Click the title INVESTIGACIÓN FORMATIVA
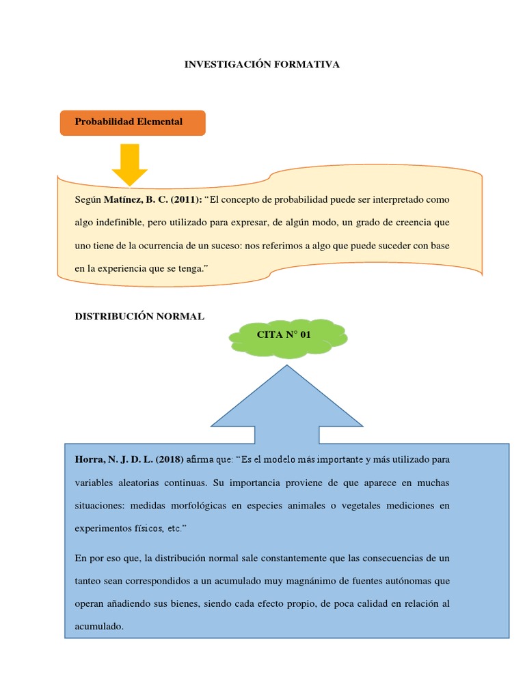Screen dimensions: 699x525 262,64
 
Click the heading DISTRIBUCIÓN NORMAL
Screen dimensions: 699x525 139,317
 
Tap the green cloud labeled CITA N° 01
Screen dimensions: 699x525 288,335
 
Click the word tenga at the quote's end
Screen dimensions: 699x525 191,269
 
